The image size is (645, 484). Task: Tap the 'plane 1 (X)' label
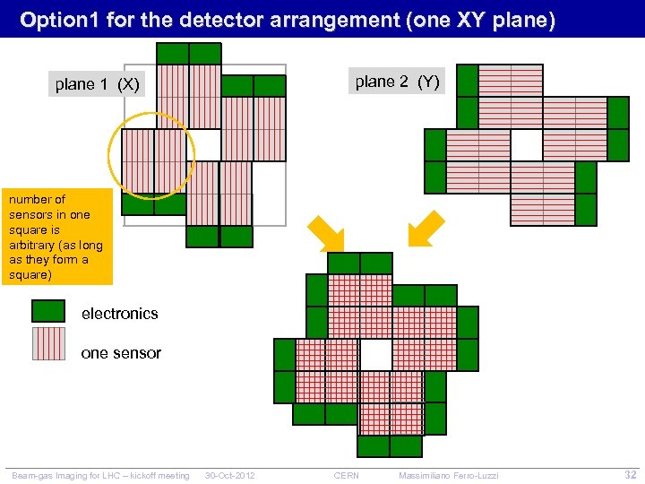(97, 84)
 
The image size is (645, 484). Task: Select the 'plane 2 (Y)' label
(397, 82)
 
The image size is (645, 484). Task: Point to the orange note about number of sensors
(56, 237)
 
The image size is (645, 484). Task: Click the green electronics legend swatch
(48, 311)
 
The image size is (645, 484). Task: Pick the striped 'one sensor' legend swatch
(48, 343)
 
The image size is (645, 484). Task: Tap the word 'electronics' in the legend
(119, 314)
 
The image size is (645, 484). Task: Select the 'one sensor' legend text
(121, 353)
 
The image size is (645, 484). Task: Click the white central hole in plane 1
(204, 144)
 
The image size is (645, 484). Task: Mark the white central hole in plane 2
(527, 144)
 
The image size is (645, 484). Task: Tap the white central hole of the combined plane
(376, 354)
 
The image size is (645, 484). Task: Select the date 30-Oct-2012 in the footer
(230, 475)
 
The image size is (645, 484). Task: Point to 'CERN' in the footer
(346, 475)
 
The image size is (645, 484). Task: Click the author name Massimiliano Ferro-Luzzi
(448, 475)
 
